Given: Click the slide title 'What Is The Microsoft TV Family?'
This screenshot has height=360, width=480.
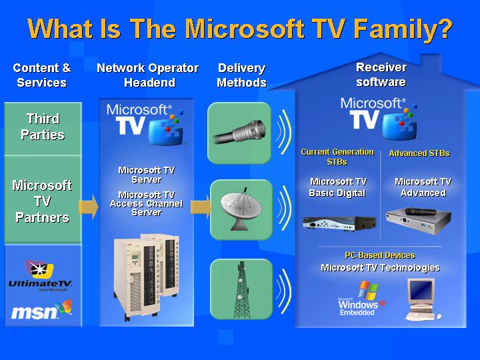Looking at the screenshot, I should (x=240, y=29).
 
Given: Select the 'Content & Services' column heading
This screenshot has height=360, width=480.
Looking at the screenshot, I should (x=42, y=75).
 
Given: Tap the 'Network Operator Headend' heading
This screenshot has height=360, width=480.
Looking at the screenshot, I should (x=147, y=75).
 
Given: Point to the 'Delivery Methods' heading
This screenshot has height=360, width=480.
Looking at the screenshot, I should (x=241, y=75).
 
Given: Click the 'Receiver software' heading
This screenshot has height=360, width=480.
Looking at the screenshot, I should (x=381, y=75).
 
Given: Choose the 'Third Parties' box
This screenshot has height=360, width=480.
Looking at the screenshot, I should (x=43, y=127).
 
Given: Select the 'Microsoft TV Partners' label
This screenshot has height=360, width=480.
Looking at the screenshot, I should (x=43, y=201).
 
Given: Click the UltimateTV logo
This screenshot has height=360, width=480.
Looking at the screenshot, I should (x=41, y=275).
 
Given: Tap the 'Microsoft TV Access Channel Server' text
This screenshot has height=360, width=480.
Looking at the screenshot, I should (x=146, y=203).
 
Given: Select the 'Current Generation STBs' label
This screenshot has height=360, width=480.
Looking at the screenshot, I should (x=337, y=157).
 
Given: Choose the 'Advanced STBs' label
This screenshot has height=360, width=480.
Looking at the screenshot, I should (x=419, y=153).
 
